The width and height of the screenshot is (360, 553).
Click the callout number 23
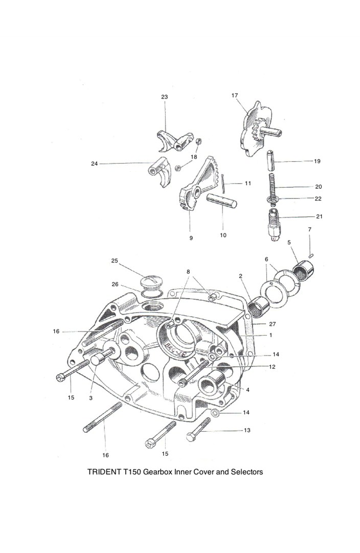[x=164, y=97]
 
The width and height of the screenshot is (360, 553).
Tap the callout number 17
[x=235, y=95]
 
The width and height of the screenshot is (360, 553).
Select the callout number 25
[x=115, y=261]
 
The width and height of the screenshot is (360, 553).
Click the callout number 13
[x=247, y=430]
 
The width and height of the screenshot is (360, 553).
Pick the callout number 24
[x=94, y=164]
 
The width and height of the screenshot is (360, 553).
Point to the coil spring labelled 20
[x=274, y=185]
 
